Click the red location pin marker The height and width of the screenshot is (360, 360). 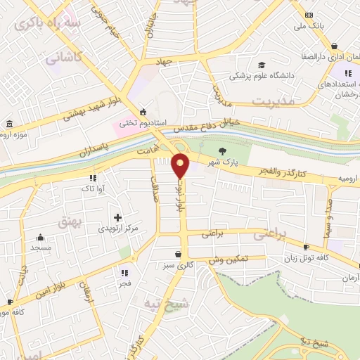coord(181,165)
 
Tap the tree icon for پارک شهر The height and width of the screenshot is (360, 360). coord(223,150)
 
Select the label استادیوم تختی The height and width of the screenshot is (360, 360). coord(142,123)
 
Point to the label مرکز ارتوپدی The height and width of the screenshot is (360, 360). coord(116,229)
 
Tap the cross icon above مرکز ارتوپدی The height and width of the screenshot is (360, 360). coord(117,217)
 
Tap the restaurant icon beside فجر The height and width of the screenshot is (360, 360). coord(125,272)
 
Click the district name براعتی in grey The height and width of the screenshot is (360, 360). coord(288,236)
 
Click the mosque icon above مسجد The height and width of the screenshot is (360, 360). coord(40,237)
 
